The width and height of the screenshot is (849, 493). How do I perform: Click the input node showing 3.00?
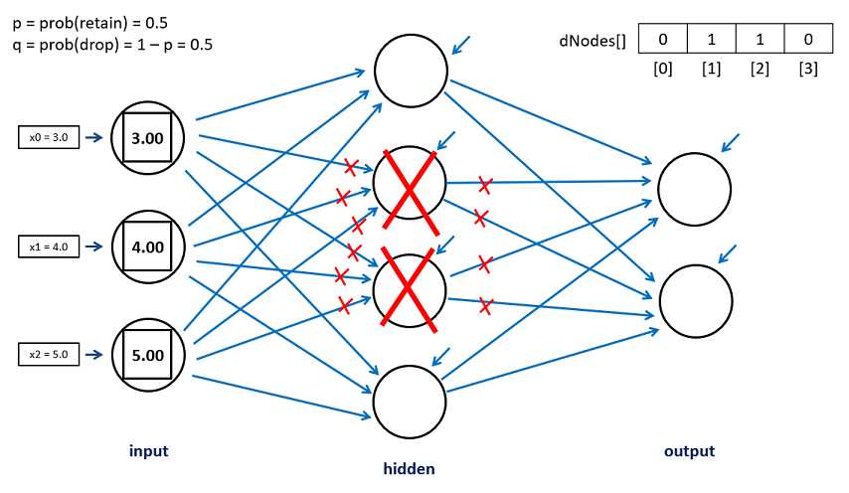(148, 138)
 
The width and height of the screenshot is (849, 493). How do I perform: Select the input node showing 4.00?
(148, 246)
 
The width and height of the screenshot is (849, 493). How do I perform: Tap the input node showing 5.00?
(148, 355)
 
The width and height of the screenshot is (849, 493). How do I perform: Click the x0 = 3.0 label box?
(49, 138)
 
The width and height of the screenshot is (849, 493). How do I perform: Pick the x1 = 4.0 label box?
(49, 246)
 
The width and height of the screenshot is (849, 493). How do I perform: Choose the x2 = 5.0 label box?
(49, 354)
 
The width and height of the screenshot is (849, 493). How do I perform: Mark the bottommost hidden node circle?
(411, 402)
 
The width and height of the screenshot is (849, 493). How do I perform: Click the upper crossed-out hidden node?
(411, 185)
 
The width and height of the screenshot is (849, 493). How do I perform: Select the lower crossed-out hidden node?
(411, 290)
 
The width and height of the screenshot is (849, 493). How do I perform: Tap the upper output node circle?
(694, 189)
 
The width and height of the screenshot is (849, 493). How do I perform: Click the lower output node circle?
(694, 300)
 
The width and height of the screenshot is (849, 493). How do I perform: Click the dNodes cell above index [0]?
(662, 40)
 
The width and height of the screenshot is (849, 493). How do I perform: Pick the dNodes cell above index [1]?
(712, 40)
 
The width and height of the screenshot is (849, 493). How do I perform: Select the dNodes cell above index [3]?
(808, 40)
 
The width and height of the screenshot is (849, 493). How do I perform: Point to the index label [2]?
(760, 71)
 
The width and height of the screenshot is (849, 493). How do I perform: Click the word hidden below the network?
(410, 468)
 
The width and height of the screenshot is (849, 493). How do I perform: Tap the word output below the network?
(689, 451)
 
